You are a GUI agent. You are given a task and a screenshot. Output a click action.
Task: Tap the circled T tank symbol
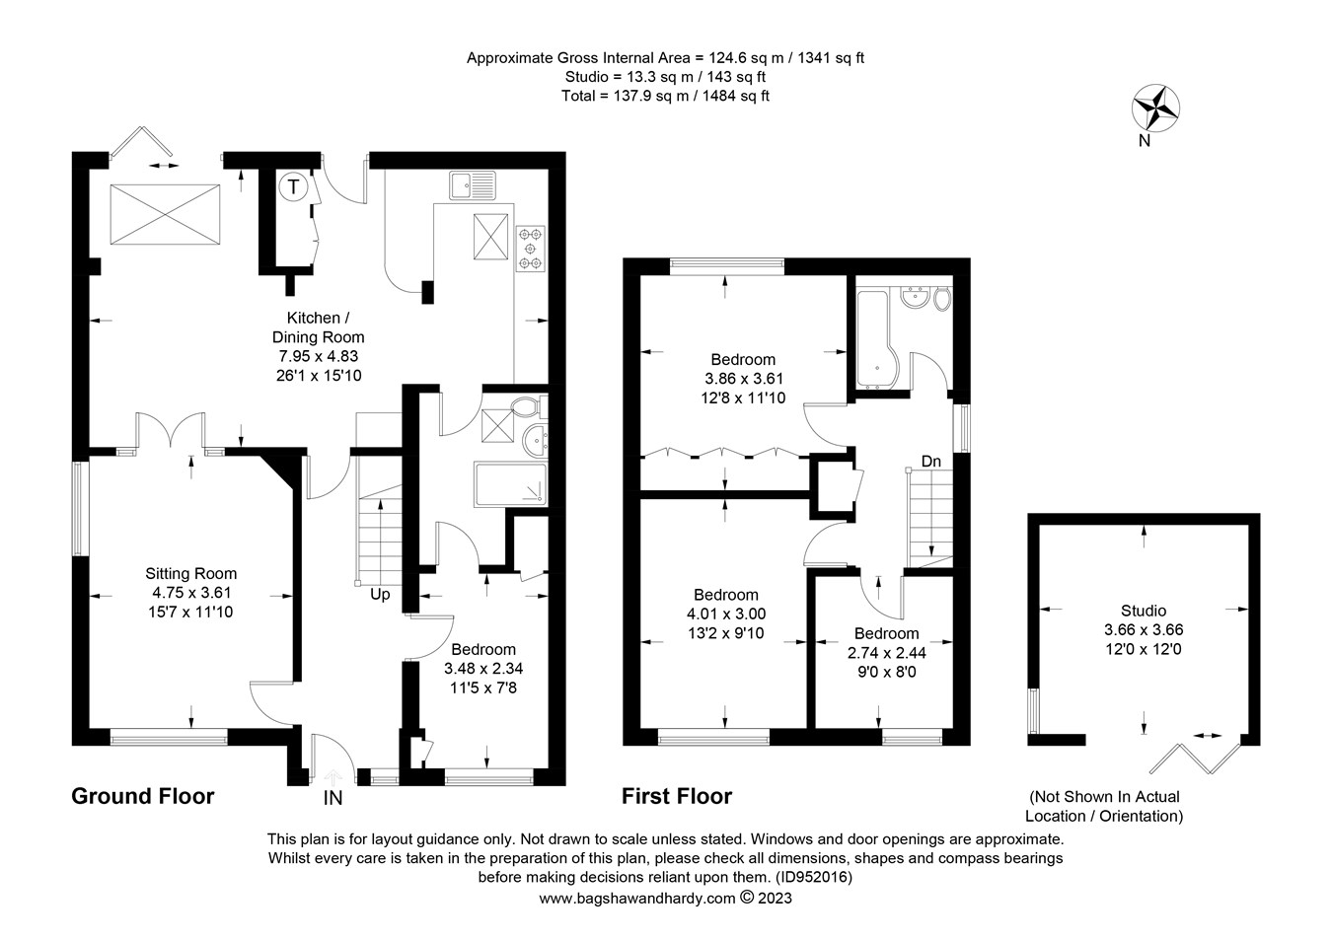294,185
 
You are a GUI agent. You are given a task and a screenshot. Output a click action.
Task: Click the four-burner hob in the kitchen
530,248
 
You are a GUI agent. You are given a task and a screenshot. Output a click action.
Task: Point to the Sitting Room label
190,573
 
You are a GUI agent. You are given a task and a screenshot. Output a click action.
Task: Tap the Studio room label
1143,611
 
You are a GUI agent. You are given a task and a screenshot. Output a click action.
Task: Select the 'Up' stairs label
380,595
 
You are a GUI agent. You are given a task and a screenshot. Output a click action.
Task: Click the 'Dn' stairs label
930,461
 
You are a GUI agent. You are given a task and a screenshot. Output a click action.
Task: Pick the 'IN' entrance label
333,797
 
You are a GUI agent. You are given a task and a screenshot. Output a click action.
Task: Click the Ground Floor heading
142,796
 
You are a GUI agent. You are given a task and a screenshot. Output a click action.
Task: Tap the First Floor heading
676,796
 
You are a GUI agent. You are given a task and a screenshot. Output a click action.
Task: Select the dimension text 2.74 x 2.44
886,652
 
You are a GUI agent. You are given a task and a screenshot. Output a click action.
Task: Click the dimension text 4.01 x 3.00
725,614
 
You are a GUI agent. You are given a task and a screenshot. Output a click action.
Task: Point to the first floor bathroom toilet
941,298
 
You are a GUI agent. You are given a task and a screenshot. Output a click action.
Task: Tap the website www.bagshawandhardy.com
637,898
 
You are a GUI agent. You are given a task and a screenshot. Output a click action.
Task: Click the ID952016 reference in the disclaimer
812,876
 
